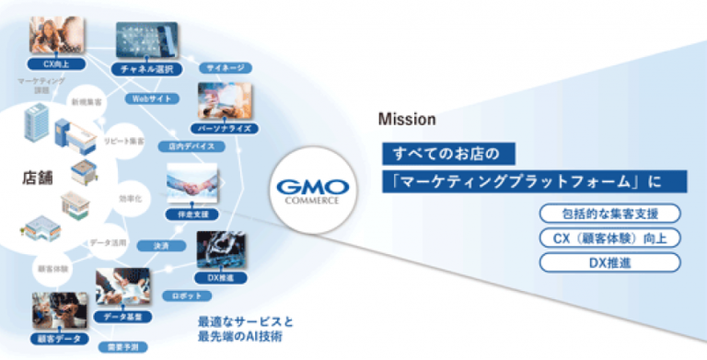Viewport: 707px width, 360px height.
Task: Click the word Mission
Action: click(400, 120)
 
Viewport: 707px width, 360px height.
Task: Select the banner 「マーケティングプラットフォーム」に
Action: click(521, 180)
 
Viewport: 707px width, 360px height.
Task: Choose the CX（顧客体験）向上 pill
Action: click(611, 239)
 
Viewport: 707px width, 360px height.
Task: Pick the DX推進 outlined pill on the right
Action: click(611, 262)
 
